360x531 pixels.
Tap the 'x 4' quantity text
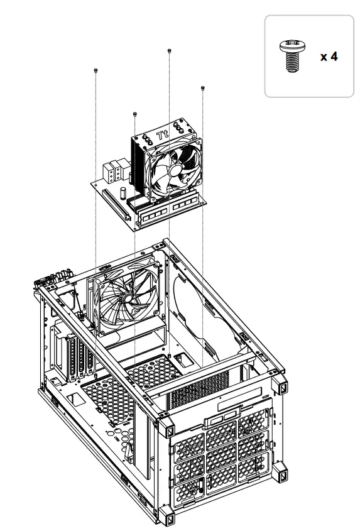(x=329, y=57)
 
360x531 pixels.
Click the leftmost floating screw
(x=95, y=70)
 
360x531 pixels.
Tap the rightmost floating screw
(x=202, y=88)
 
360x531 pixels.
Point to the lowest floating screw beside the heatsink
(x=135, y=114)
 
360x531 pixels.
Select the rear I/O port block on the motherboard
(x=111, y=172)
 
